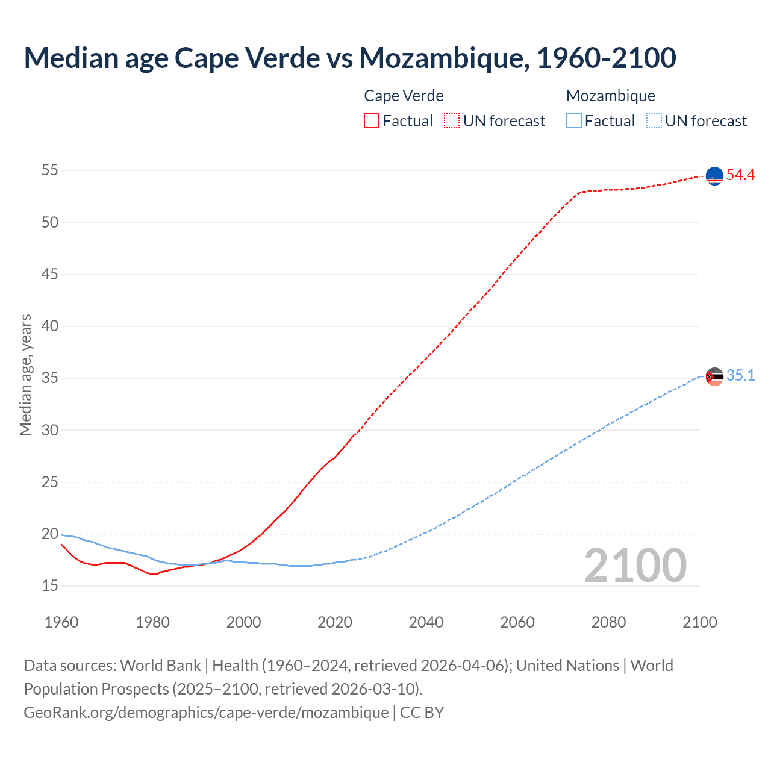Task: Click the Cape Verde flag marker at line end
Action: [714, 176]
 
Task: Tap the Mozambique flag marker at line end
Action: [714, 376]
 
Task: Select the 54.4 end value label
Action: [740, 175]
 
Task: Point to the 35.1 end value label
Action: [740, 376]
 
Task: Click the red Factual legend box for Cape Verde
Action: [372, 120]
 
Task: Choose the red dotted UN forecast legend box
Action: [452, 120]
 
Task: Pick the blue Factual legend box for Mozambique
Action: [574, 120]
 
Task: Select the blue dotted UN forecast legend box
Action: [654, 120]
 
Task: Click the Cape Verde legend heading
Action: [404, 96]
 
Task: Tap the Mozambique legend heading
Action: [610, 96]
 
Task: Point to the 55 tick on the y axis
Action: [50, 170]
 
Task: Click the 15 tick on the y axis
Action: [50, 585]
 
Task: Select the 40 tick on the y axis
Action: [50, 326]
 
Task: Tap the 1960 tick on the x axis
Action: [61, 622]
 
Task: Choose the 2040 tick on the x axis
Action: [426, 622]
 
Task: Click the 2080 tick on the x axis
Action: [608, 622]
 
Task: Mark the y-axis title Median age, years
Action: [25, 375]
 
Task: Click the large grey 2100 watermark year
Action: [635, 566]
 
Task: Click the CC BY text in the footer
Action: [422, 713]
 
